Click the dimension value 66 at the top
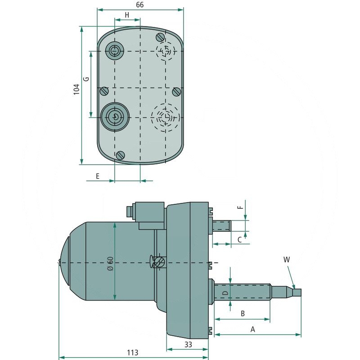coord(139,5)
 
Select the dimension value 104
coord(76,90)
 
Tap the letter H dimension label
coord(127,15)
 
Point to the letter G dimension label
coord(86,79)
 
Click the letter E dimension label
coord(98,176)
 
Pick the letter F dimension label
coord(240,208)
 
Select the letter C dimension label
coord(239,240)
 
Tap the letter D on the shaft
coord(225,293)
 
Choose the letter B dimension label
coord(242,313)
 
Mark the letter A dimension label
coord(253,329)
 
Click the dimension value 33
coord(188,345)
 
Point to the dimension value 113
coord(132,352)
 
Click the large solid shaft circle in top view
coord(115,117)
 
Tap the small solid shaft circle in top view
coord(115,51)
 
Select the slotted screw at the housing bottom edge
coord(120,155)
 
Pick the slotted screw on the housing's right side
coord(176,91)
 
